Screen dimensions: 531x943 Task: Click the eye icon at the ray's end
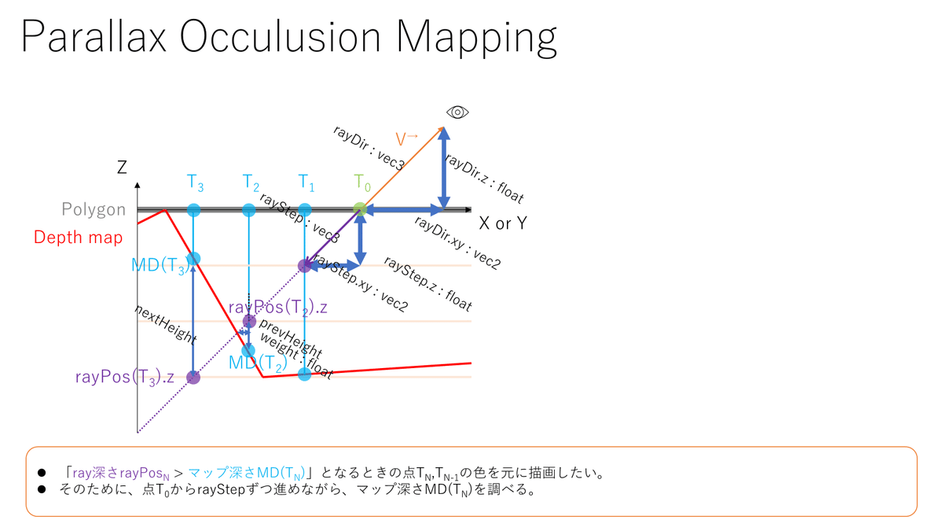[x=457, y=112]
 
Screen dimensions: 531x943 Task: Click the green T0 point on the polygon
[x=360, y=209]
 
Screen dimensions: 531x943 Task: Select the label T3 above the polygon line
[x=196, y=183]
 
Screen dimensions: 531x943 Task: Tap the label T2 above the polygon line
[x=251, y=183]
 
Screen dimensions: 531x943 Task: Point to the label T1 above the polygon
[x=306, y=183]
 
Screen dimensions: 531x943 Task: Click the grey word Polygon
[x=94, y=210]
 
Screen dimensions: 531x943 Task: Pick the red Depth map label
[x=79, y=237]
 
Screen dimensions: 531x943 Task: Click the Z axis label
[x=122, y=167]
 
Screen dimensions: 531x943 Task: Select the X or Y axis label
[x=503, y=223]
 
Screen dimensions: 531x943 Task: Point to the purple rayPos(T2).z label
[x=278, y=306]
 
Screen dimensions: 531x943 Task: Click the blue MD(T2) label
[x=257, y=363]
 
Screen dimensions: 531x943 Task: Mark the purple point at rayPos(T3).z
[x=193, y=378]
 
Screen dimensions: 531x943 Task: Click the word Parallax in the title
[x=94, y=38]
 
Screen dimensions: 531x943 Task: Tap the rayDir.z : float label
[x=484, y=179]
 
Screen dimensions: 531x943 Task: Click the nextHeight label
[x=165, y=323]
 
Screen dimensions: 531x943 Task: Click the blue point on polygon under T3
[x=194, y=210]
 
